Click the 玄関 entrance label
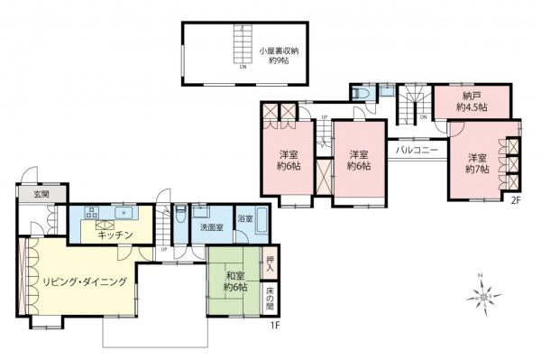click(31, 194)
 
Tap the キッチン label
click(116, 235)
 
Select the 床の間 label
click(270, 296)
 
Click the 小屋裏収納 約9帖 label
click(276, 57)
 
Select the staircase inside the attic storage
click(242, 45)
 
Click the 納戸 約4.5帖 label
click(471, 102)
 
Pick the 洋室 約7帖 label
click(478, 162)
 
